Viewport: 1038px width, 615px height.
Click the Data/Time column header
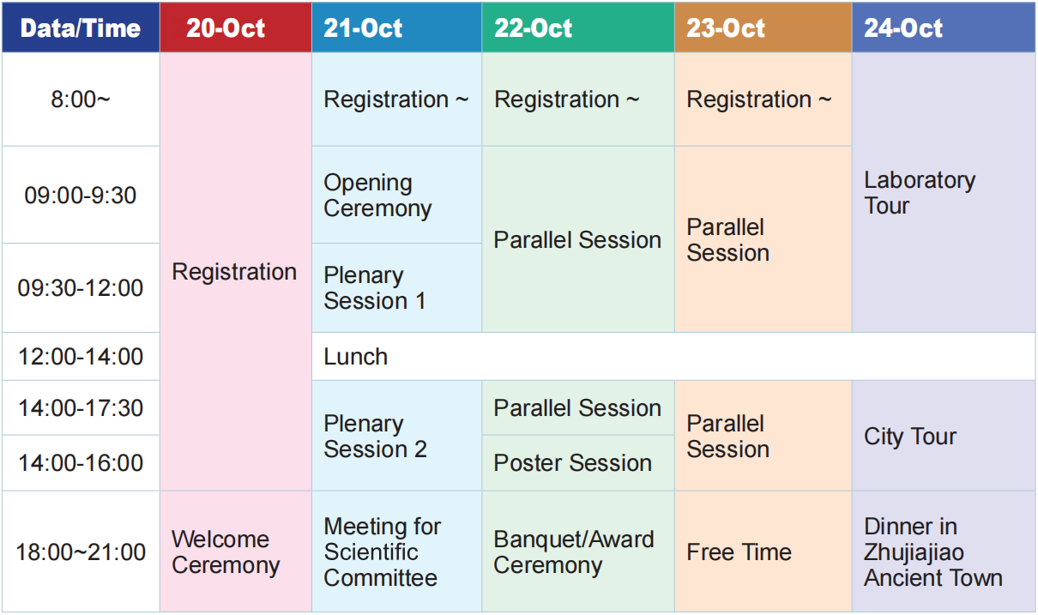pos(81,27)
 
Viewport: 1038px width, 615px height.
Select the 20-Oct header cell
pos(236,27)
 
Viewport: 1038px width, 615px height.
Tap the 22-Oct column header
pos(578,27)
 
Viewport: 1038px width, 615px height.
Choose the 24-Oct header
pos(944,27)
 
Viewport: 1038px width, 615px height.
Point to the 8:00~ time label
pos(81,99)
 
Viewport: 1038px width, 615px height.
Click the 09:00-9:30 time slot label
pos(81,195)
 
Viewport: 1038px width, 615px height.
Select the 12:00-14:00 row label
pos(81,357)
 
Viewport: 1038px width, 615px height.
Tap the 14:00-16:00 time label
pos(81,462)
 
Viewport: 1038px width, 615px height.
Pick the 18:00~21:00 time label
pos(81,552)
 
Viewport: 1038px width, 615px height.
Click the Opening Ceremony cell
pos(396,195)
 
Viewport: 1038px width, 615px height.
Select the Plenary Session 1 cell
pos(396,288)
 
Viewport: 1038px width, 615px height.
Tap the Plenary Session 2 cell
pos(396,436)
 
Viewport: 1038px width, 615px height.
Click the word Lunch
pos(355,357)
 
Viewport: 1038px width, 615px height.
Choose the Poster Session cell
pos(578,463)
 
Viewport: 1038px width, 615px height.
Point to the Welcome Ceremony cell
pos(236,552)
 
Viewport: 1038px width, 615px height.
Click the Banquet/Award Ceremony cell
pos(578,552)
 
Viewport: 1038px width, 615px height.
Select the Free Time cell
pos(763,552)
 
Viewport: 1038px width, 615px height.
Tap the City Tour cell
pos(944,436)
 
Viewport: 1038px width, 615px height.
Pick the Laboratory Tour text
pos(920,192)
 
